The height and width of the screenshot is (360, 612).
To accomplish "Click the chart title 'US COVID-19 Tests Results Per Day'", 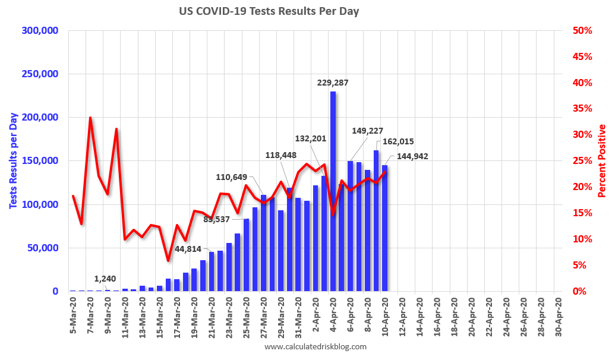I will point(269,11).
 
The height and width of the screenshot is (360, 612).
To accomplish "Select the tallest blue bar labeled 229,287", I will point(333,190).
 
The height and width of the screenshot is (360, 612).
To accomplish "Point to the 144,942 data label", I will point(408,156).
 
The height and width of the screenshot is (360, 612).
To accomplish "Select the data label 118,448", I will point(281,155).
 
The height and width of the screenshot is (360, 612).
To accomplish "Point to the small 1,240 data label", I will point(105,279).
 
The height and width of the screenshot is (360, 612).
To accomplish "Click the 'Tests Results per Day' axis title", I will point(13,161).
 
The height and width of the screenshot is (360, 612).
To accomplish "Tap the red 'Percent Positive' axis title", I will point(602,161).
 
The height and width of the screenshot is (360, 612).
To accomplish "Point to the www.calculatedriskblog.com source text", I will point(316,347).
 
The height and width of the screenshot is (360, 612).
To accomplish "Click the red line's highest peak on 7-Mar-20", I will point(90,118).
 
